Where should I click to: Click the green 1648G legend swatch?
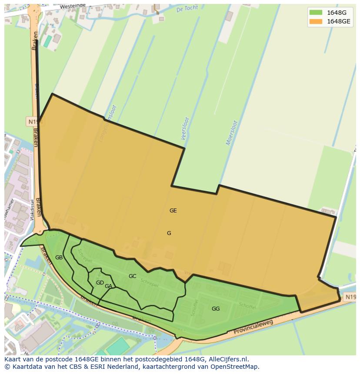[316, 13]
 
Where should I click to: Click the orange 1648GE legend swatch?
[316, 21]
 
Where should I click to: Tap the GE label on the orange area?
[173, 211]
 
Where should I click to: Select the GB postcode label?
[59, 258]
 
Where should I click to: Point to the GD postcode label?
[100, 283]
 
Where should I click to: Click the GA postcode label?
[108, 286]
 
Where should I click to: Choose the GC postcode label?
[132, 276]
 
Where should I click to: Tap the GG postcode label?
[216, 309]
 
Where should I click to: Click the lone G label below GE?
[169, 233]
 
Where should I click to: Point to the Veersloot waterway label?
[185, 128]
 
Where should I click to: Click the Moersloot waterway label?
[232, 132]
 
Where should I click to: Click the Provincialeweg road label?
[253, 328]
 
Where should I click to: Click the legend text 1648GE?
[338, 21]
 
